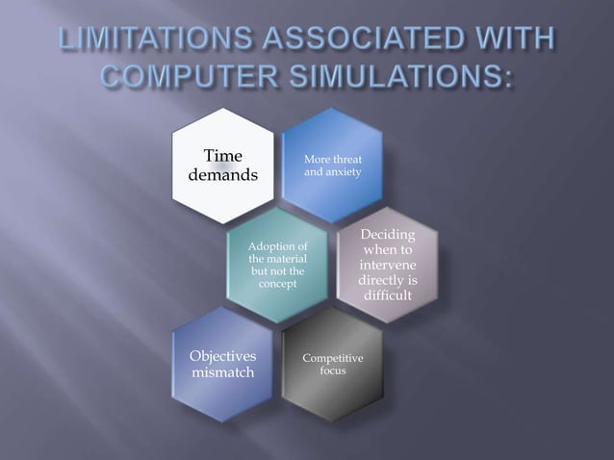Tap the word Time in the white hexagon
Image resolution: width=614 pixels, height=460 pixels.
[222, 156]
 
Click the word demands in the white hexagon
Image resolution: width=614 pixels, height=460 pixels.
[222, 176]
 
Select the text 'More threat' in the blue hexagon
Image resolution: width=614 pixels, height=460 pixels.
[332, 159]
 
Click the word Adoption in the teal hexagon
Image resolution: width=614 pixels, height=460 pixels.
[278, 247]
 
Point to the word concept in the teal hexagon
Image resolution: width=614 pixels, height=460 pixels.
[278, 285]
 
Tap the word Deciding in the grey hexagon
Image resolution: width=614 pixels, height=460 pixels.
[387, 235]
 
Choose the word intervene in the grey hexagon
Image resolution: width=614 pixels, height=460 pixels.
[387, 265]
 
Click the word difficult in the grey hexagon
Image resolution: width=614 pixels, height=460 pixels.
[387, 295]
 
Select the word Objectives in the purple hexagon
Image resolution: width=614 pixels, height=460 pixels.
[222, 357]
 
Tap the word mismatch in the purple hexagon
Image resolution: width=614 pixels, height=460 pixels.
[222, 373]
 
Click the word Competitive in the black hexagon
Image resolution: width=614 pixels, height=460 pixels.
[332, 358]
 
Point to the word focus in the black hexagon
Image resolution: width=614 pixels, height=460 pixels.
[332, 371]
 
